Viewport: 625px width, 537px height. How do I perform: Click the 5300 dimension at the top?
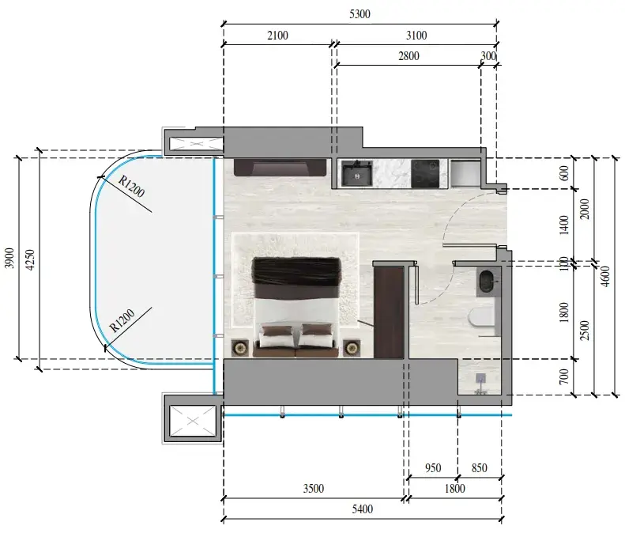coord(360,14)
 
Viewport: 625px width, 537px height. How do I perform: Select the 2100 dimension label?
coord(277,36)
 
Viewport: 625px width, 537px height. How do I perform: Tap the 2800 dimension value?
coord(409,56)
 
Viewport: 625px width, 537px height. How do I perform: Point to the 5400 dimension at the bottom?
coord(363,509)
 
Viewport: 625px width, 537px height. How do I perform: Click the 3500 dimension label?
coord(314,488)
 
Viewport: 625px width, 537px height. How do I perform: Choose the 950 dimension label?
coord(433,467)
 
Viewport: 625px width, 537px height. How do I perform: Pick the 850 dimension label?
coord(479,467)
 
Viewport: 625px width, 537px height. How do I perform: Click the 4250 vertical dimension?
coord(30,259)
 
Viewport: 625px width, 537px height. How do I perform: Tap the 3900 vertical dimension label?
coord(9,258)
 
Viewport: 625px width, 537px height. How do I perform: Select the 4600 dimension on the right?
coord(605,276)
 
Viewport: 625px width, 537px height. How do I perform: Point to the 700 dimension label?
coord(563,376)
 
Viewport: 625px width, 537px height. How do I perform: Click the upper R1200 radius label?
coord(131,187)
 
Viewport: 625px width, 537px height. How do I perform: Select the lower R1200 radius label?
coord(122,321)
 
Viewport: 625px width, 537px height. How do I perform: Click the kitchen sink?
coord(357,174)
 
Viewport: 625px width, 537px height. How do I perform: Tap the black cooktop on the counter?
coord(425,173)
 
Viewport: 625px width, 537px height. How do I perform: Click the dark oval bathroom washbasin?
coord(486,281)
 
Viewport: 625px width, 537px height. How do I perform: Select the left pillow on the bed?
coord(277,336)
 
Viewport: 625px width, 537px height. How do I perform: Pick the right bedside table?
coord(352,348)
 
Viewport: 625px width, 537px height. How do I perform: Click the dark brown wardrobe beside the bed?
coord(389,312)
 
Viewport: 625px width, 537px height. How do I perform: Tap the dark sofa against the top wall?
coord(280,168)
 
